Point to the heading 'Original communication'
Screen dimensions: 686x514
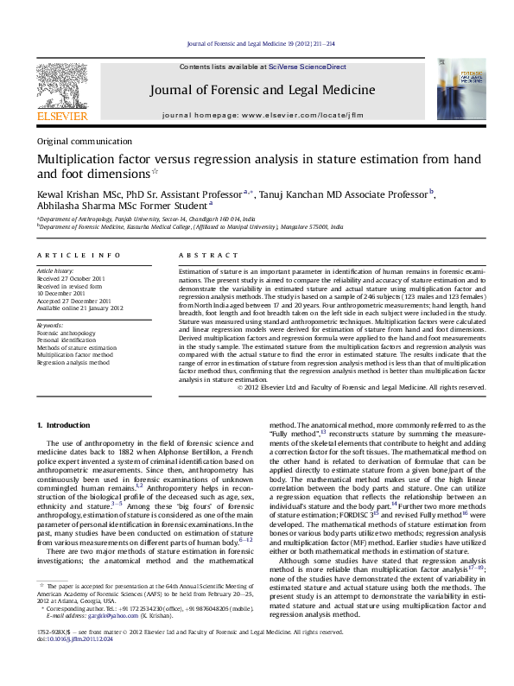click(x=85, y=142)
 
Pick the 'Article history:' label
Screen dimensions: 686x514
click(x=54, y=270)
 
